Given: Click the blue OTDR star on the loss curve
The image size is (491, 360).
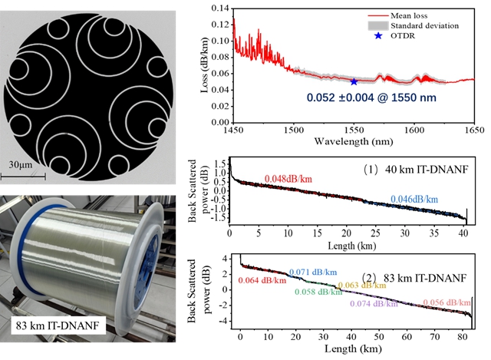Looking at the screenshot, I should click(x=354, y=81).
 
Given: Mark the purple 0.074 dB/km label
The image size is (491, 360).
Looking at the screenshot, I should click(x=375, y=303).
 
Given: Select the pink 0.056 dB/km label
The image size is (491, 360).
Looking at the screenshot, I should click(x=450, y=302).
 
